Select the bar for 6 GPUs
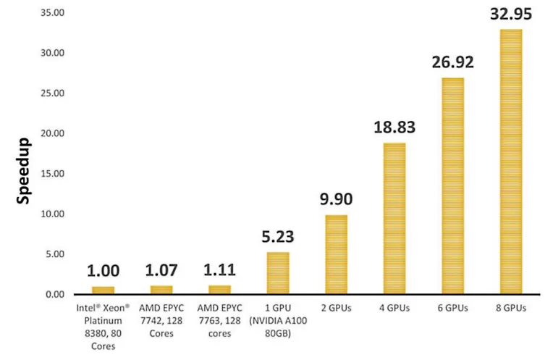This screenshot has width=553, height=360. coord(452,185)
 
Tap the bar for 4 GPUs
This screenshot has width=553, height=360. coord(394,218)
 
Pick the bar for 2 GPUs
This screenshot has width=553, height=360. coord(336,254)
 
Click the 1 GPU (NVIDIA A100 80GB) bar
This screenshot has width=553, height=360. coord(278,273)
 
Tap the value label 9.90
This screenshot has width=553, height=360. coord(336,200)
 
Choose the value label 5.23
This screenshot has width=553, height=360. coord(278,238)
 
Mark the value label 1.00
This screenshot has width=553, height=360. coord(103,272)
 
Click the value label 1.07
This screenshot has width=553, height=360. coord(161,271)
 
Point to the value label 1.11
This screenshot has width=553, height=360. coord(219,271)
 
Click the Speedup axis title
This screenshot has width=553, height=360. coord(24,170)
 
